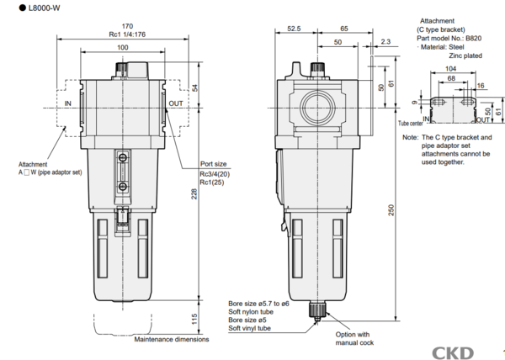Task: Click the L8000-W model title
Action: coord(44,8)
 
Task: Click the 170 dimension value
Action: coord(127,26)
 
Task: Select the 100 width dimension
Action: coord(122,48)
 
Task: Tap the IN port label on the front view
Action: coord(67,103)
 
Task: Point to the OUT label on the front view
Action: coord(176,103)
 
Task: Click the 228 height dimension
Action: coord(194,194)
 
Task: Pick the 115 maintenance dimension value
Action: coord(194,319)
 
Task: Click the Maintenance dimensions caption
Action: coord(172,339)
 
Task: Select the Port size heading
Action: coord(213,164)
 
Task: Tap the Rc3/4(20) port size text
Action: coord(215,174)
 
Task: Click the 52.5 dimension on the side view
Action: coord(294,29)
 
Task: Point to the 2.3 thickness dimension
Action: coord(385,41)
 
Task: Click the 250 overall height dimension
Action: coord(391,210)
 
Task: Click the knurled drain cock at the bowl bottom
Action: coord(317,310)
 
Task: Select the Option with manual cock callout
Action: coord(353,338)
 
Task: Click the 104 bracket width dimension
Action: coord(450,68)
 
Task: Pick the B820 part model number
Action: coord(473,39)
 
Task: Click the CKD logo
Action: coord(453,353)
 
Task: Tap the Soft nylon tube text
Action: coord(251,312)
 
